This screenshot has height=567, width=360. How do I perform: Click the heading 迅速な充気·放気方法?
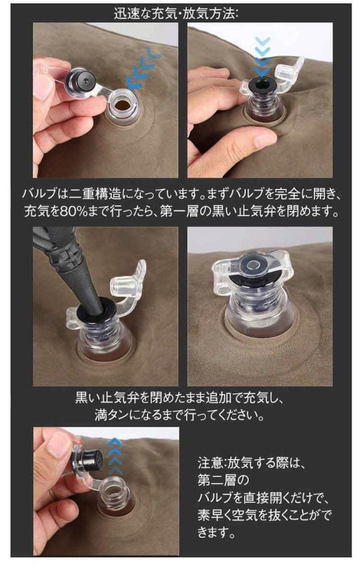(x=176, y=13)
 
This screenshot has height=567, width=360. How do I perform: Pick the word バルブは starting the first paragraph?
(x=44, y=194)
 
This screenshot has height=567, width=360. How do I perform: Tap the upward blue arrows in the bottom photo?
(x=115, y=456)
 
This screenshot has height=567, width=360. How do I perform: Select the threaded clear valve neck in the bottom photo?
(x=115, y=494)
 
